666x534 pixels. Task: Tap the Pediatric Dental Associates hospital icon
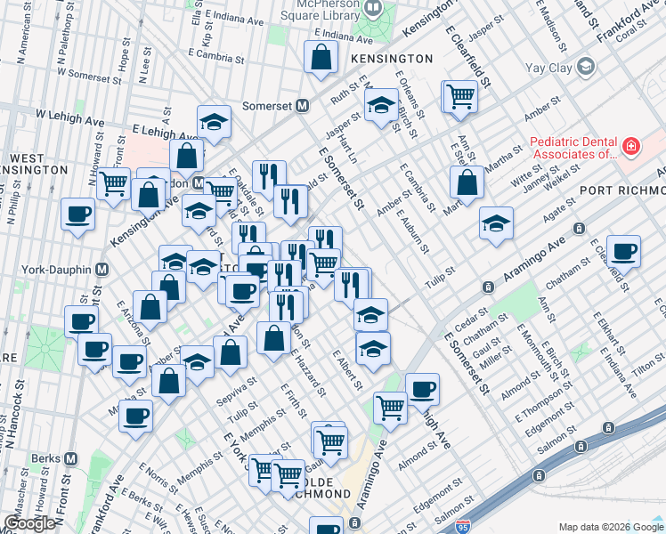(x=630, y=145)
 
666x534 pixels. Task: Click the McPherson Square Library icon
(x=372, y=7)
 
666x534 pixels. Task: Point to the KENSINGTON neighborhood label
(x=391, y=59)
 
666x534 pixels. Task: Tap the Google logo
(x=28, y=523)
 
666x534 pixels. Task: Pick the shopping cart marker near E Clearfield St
(x=460, y=96)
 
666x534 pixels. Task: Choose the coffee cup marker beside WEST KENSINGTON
(x=77, y=214)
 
